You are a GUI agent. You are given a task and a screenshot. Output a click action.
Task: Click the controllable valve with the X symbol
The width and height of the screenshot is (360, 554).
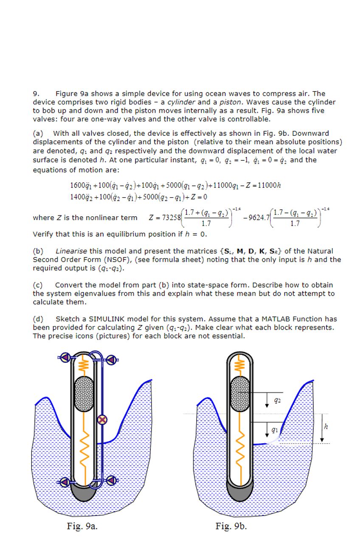[x=102, y=420]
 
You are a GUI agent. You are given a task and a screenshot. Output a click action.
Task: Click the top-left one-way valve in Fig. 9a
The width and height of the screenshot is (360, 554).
[x=65, y=358]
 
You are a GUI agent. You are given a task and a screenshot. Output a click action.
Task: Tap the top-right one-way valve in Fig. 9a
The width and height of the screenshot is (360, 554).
[x=112, y=361]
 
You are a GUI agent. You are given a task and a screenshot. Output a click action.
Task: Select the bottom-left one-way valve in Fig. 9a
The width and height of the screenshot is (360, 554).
[x=65, y=482]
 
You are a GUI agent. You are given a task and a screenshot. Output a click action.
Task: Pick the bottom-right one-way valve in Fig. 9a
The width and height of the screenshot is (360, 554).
[x=111, y=480]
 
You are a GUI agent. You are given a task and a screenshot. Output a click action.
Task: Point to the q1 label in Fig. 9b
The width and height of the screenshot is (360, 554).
[x=275, y=429]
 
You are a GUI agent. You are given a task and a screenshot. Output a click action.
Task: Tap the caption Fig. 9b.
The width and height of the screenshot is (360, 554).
[x=231, y=526]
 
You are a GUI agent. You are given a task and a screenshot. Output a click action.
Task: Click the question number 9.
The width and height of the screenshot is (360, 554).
[x=36, y=94]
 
